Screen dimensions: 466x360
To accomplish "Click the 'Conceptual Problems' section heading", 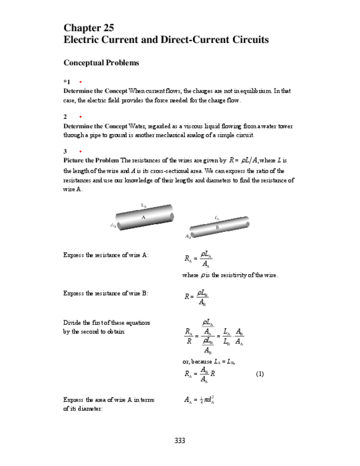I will pos(101,63).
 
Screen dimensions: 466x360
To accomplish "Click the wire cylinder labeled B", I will pos(218,226).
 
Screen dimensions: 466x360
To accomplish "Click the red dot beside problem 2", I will pos(81,116).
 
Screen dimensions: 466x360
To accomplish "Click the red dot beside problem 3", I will pos(81,151).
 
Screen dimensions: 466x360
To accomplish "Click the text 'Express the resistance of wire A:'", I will pos(106,255).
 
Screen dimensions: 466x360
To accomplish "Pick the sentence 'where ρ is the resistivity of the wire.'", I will pos(230,275).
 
